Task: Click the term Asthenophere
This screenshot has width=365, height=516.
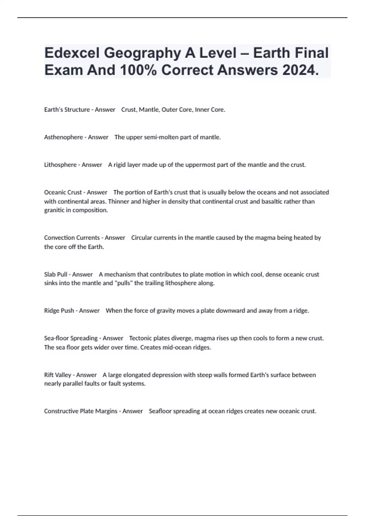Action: pyautogui.click(x=64, y=137)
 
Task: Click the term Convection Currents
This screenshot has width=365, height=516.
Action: pyautogui.click(x=72, y=238)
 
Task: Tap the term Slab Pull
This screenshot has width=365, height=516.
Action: pyautogui.click(x=56, y=274)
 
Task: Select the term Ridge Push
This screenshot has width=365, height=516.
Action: pyautogui.click(x=59, y=311)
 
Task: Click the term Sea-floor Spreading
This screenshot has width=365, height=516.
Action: pyautogui.click(x=71, y=338)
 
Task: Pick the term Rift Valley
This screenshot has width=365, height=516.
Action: pyautogui.click(x=58, y=375)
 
